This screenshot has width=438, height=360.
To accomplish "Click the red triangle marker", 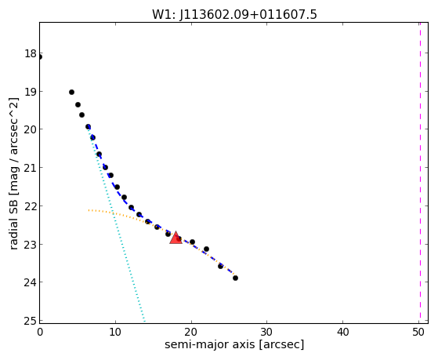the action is pos(176,238).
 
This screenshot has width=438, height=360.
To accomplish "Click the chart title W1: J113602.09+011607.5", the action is pos(234,14).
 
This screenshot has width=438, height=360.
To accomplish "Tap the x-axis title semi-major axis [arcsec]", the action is pos(234,344).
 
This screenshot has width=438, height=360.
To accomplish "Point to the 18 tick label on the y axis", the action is pos(31,53).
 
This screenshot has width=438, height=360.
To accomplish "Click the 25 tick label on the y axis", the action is pos(31,321).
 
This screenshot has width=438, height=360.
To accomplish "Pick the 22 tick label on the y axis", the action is pos(31,205).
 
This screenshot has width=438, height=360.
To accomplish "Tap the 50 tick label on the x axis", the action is pos(418,332).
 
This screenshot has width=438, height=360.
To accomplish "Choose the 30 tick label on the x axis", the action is pos(266,332).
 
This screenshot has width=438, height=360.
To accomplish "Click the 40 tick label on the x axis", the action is pos(342,332).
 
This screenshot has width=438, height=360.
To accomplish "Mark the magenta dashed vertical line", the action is pos(420,173).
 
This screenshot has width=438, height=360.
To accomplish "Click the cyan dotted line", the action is pos(116,224).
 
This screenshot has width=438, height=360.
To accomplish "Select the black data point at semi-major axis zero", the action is pos(40,57).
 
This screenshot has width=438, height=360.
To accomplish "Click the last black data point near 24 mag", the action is pos(236,278).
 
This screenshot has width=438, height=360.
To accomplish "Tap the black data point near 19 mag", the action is pos(71,92).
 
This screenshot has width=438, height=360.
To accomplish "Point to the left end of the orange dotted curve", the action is pos(89,209).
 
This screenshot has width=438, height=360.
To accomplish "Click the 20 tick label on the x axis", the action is pos(191,332).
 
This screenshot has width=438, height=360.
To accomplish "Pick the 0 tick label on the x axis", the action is pos(40,332).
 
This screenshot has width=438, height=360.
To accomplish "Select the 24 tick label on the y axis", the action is pos(31,282).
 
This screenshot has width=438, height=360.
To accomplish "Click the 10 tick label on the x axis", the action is pos(115,332).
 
